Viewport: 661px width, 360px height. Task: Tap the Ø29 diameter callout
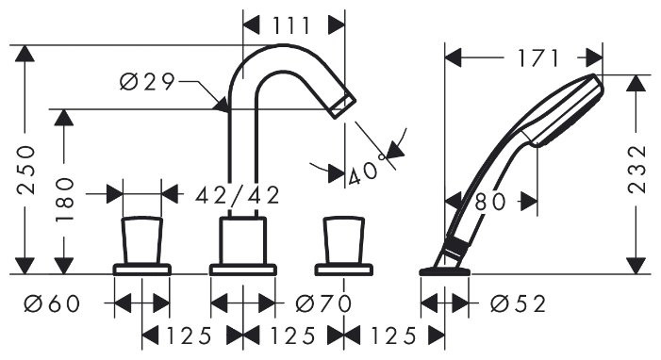(x=148, y=83)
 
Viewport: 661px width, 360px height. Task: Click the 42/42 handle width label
(x=238, y=195)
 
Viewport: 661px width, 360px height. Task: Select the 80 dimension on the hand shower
(x=491, y=200)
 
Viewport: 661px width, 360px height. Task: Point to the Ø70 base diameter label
(x=322, y=303)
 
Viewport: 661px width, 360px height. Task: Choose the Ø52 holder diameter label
(x=518, y=303)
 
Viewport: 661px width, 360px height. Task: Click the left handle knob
(x=141, y=240)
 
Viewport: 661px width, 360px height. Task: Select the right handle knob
(x=342, y=240)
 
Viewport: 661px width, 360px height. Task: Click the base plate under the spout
(x=242, y=270)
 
